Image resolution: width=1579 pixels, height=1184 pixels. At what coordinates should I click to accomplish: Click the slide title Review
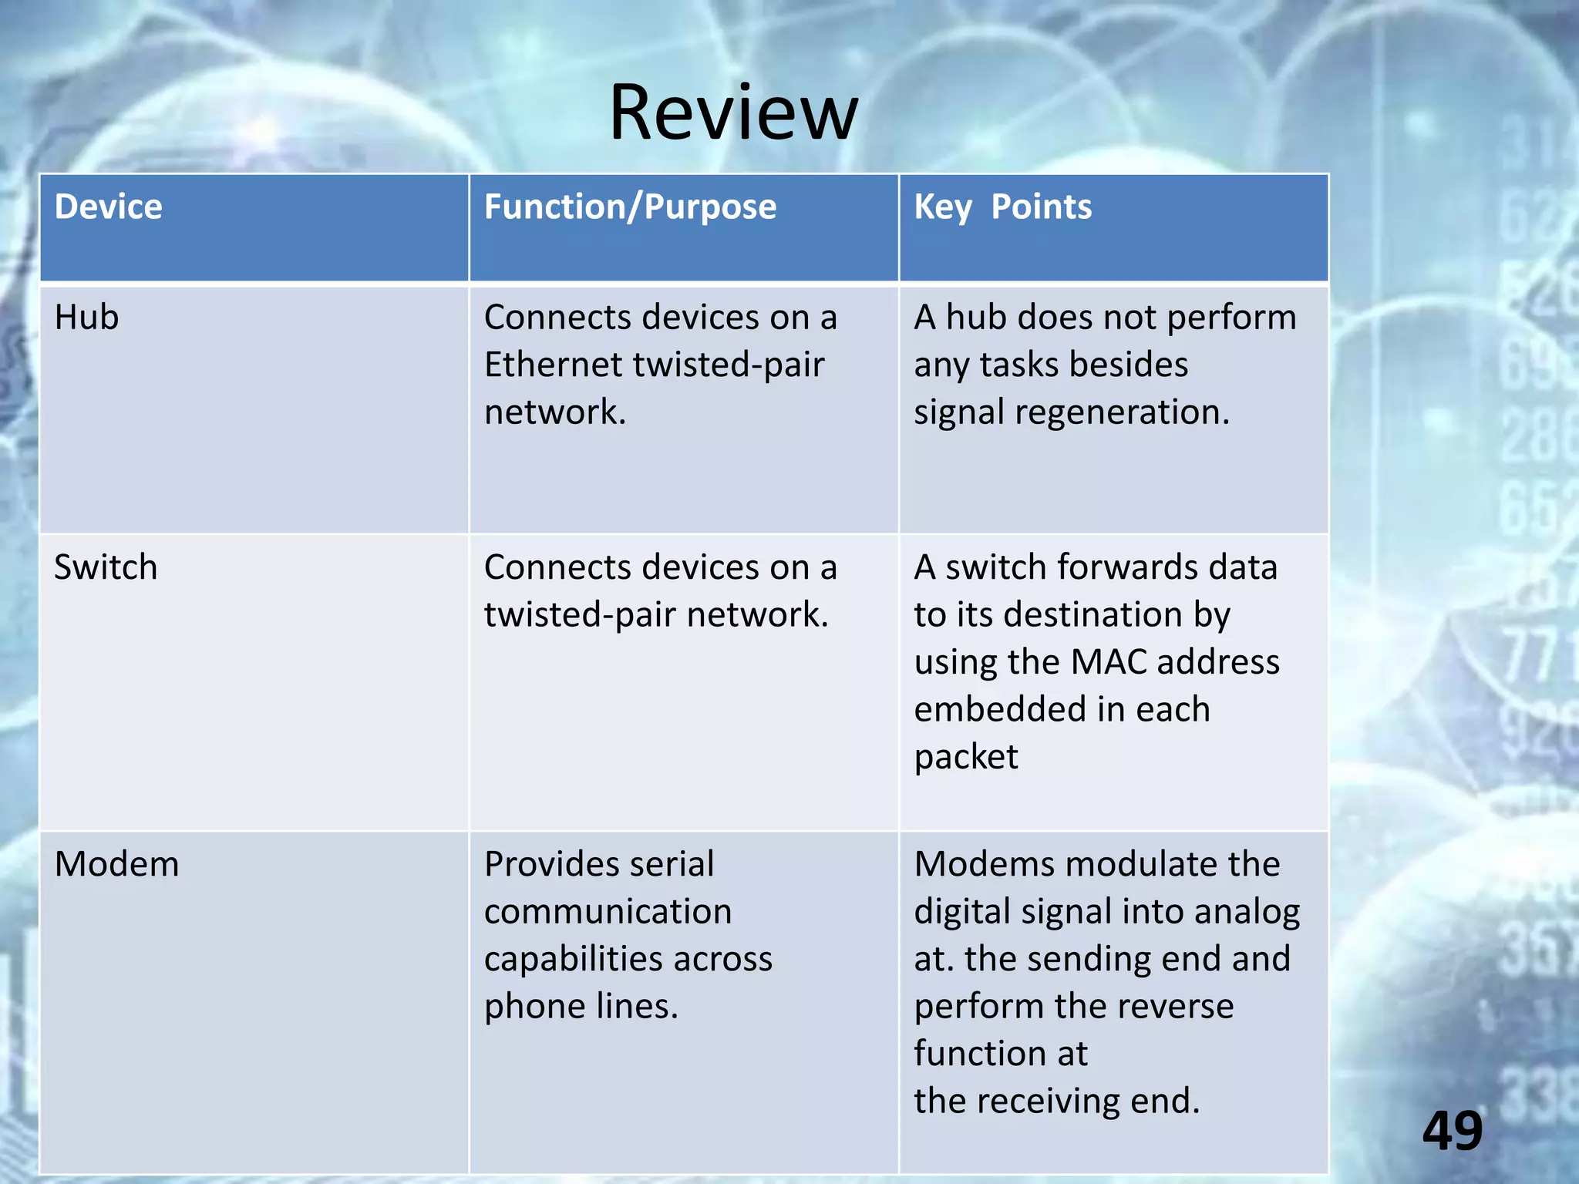tap(733, 113)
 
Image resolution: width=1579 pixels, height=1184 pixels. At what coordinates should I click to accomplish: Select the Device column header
tap(109, 207)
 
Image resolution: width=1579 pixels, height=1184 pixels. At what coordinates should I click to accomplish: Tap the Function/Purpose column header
tap(630, 207)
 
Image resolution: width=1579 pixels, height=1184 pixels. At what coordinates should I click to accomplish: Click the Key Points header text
tap(1002, 207)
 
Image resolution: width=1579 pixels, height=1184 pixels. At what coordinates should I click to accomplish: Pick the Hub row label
tap(86, 318)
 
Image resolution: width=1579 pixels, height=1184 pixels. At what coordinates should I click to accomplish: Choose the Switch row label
tap(106, 567)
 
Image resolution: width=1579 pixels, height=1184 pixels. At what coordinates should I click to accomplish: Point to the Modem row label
tap(116, 864)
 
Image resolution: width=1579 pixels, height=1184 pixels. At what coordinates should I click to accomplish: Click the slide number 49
tap(1453, 1131)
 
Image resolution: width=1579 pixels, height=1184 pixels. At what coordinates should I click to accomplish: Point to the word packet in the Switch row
tap(966, 757)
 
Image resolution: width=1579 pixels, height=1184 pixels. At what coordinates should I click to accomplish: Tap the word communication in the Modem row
tap(608, 912)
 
